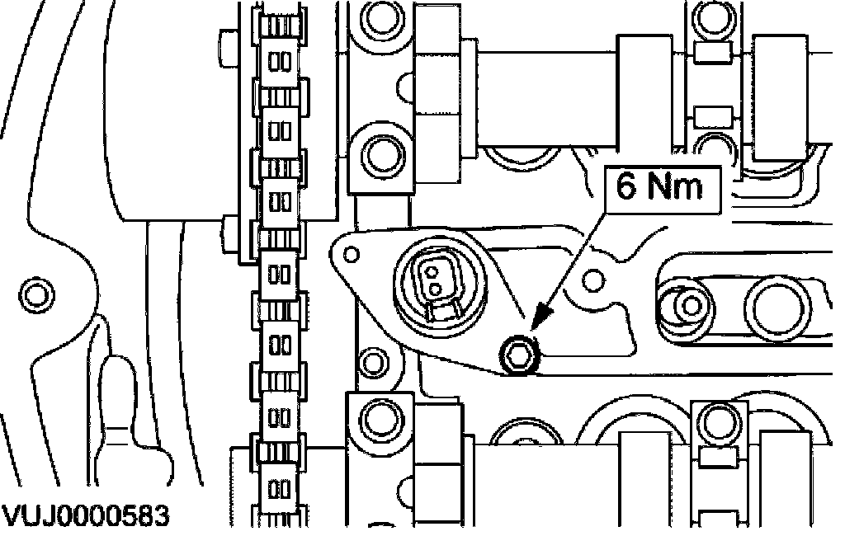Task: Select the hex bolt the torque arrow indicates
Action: point(519,355)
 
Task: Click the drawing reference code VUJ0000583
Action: point(85,516)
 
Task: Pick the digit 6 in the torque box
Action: point(625,186)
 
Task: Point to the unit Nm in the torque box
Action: point(675,186)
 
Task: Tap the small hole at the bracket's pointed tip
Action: point(351,254)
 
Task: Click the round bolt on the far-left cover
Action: point(36,294)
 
